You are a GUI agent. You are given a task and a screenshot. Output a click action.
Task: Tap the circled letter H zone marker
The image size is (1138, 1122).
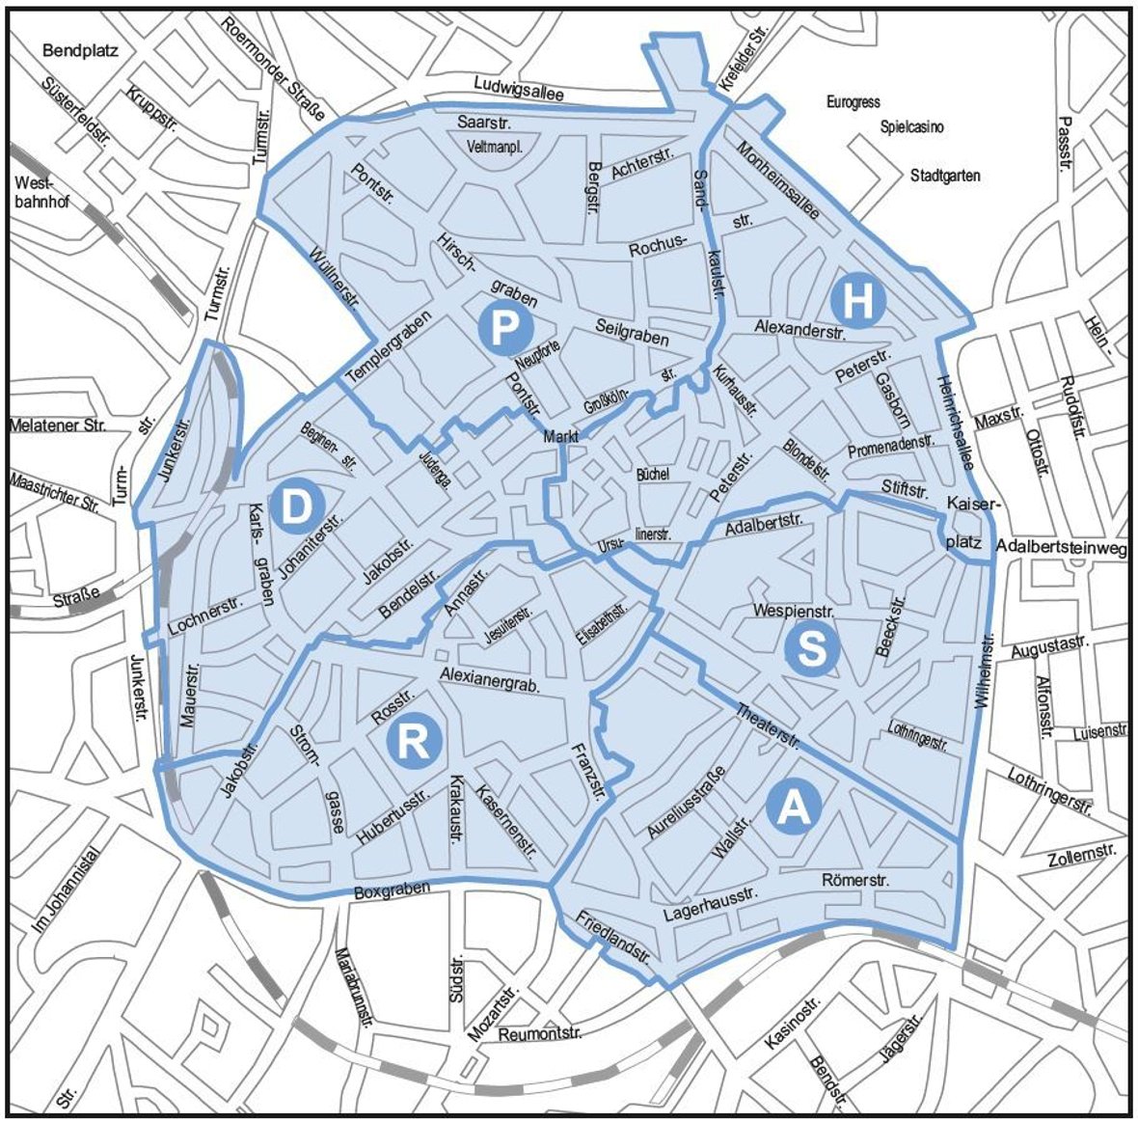(858, 300)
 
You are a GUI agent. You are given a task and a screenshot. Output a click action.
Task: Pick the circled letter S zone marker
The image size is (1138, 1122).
(812, 649)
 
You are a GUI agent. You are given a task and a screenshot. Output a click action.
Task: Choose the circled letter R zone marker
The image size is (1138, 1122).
(415, 742)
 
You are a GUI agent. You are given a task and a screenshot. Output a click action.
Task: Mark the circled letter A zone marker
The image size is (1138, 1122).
(795, 807)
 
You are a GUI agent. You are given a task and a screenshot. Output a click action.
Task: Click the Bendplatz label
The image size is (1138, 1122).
(81, 49)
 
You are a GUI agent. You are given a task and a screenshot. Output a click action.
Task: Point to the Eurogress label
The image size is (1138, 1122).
(853, 102)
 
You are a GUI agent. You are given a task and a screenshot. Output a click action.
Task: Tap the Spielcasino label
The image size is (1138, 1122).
(911, 127)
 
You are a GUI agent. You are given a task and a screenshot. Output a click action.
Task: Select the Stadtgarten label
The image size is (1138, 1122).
(945, 176)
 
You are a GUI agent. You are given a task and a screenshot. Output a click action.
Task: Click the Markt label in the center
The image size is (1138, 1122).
(560, 437)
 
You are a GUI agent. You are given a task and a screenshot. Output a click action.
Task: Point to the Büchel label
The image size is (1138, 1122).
(652, 475)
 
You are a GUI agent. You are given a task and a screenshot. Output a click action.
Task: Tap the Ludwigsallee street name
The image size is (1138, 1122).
(518, 86)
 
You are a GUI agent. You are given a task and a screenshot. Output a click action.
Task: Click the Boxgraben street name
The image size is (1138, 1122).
(392, 891)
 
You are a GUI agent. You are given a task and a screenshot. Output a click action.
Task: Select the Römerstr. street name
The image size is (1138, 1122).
(855, 880)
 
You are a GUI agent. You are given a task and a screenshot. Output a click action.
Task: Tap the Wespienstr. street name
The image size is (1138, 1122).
(794, 611)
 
